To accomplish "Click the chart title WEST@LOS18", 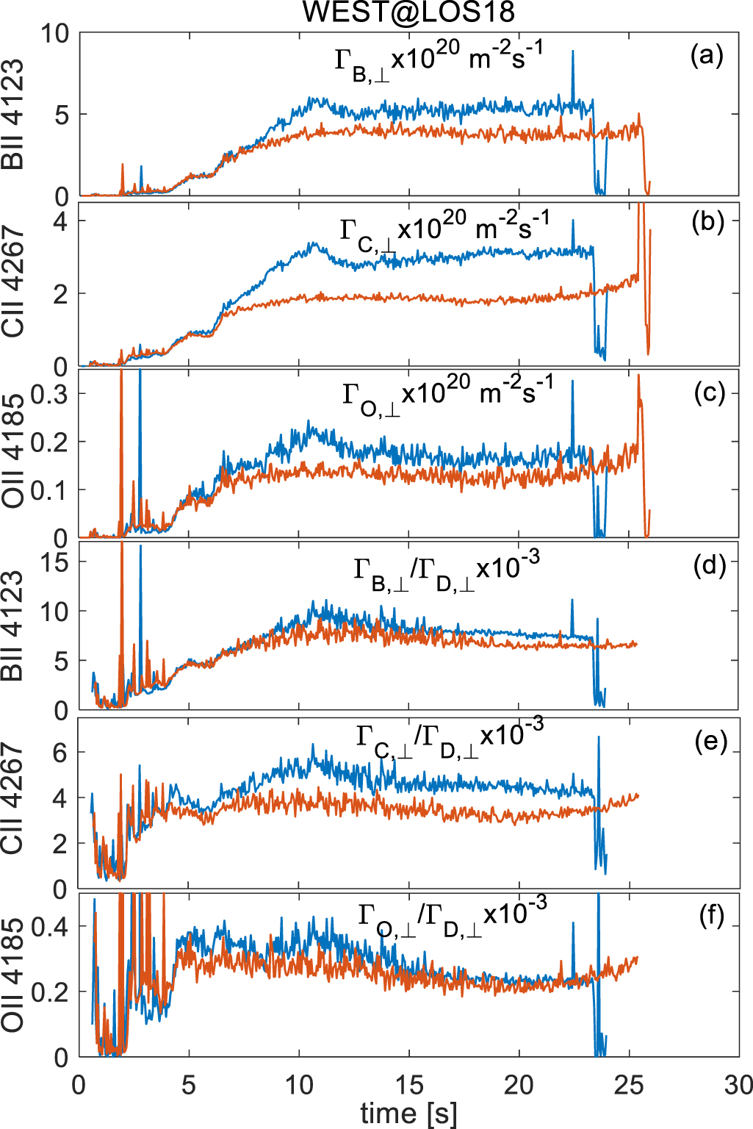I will (x=408, y=12).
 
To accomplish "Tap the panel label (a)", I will (x=707, y=55).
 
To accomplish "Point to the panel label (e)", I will (x=710, y=742).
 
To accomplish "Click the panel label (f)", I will (x=711, y=916).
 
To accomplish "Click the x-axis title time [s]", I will (x=408, y=1113).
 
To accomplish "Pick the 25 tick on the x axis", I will (x=629, y=1085).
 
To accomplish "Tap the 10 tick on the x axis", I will (x=299, y=1085).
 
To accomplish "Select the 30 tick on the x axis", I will (x=738, y=1085).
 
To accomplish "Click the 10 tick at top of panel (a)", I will (x=54, y=33).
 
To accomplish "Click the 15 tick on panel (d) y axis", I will (x=54, y=562).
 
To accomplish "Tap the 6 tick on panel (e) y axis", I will (x=60, y=753).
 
